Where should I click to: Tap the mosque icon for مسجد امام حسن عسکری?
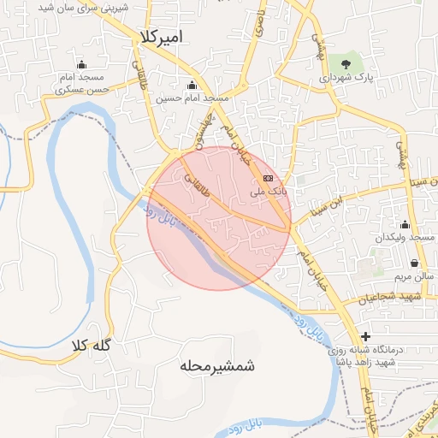click(x=81, y=65)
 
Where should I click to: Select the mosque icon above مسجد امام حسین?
click(x=191, y=85)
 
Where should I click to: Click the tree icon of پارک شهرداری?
click(x=346, y=62)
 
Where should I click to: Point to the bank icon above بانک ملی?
click(x=269, y=178)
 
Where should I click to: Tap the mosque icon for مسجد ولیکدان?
click(x=404, y=224)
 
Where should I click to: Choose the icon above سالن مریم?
click(x=415, y=263)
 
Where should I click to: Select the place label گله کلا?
click(x=92, y=346)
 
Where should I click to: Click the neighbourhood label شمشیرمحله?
click(x=218, y=366)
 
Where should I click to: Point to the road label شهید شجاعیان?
click(x=393, y=297)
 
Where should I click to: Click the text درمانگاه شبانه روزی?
click(x=400, y=349)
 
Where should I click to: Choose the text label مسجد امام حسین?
click(x=192, y=98)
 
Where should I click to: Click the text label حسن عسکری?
click(x=82, y=89)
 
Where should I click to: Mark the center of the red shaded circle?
click(x=219, y=219)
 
